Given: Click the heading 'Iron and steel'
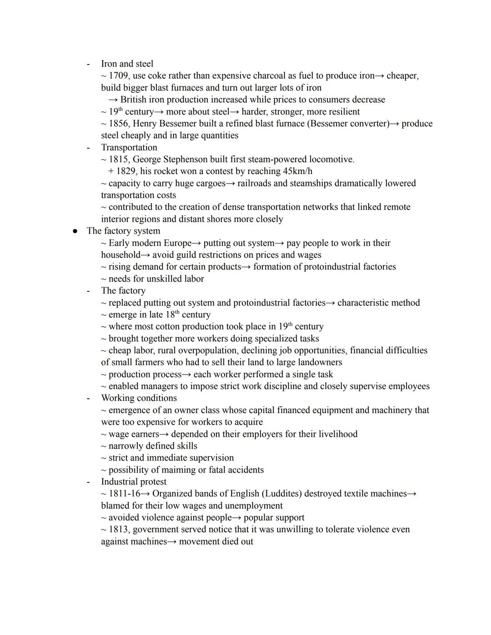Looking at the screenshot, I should point(127,64).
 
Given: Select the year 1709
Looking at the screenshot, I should point(118,75).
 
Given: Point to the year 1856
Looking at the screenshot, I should point(118,124).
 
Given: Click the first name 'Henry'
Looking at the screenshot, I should point(146,124).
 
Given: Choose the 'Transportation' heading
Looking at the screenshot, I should point(129,147).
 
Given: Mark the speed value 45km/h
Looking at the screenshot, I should point(297,171).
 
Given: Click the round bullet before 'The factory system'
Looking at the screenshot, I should point(75,231).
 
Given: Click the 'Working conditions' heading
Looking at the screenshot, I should point(139,398).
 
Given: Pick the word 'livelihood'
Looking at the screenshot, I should point(336,434).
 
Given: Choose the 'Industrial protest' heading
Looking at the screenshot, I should point(134,482).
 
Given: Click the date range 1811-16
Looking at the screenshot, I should point(124,494).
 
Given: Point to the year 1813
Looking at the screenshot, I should point(118,530).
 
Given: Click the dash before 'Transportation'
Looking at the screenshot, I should point(88,148).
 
